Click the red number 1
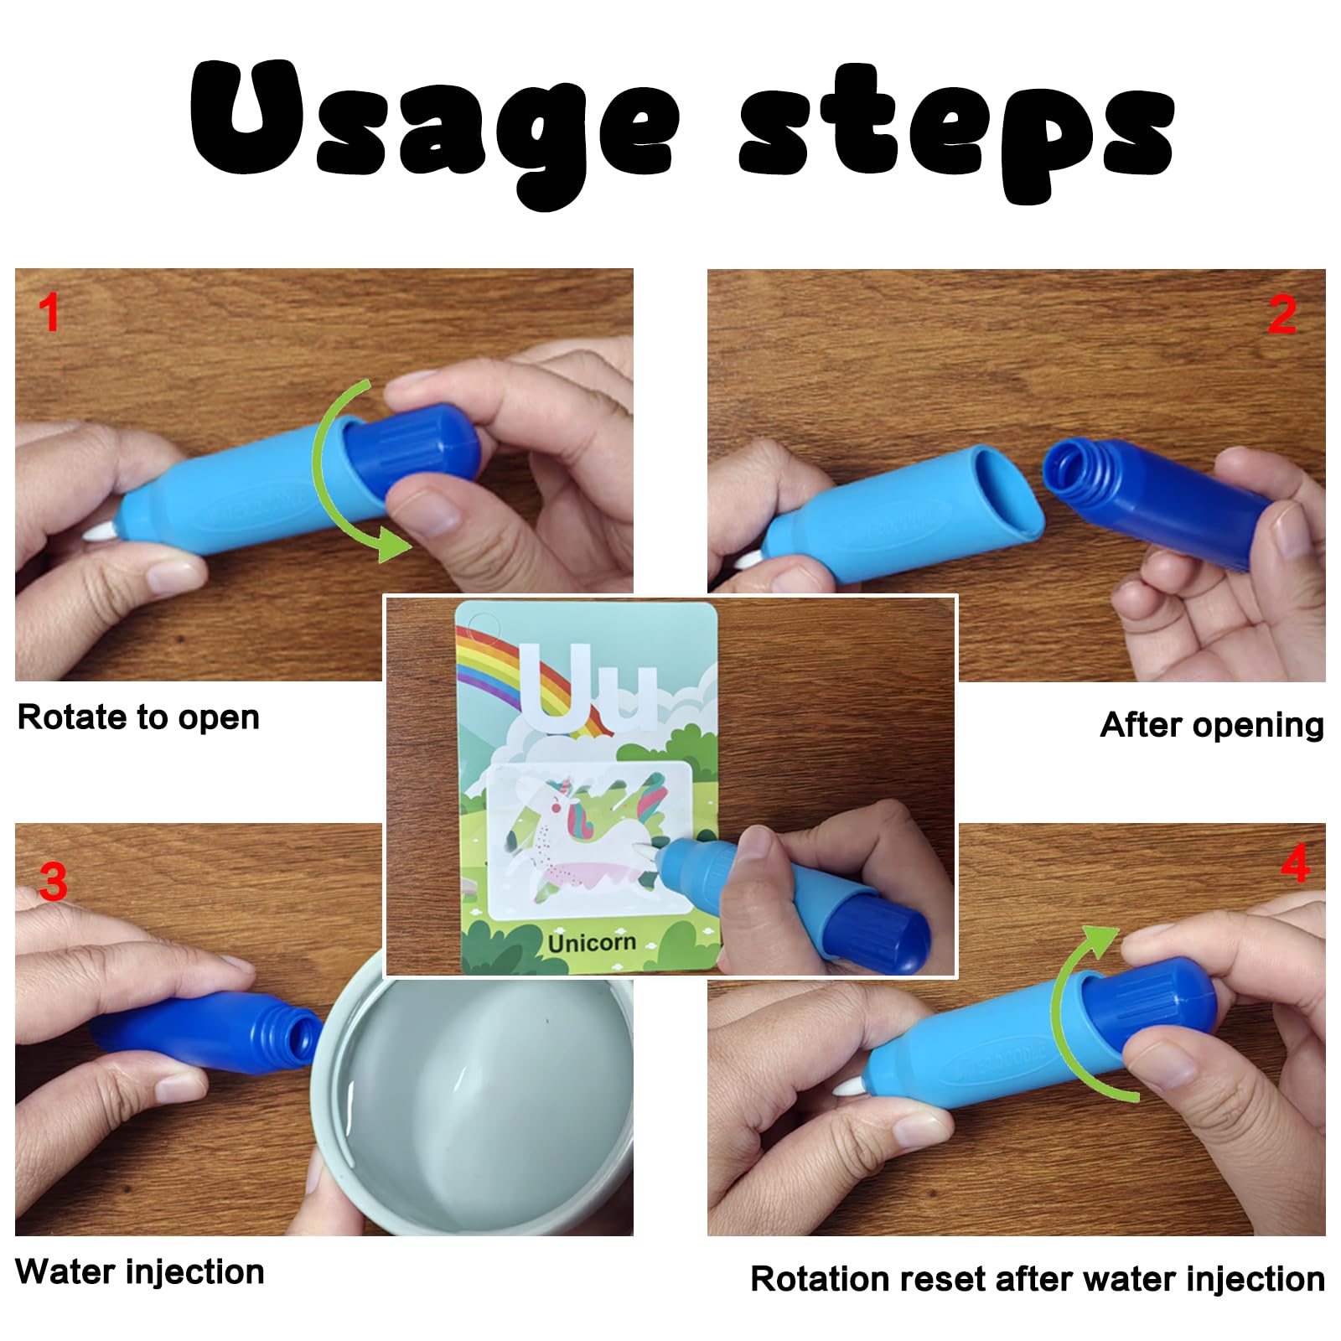click(49, 313)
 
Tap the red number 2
click(1282, 315)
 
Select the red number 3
click(53, 882)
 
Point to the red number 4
click(1295, 862)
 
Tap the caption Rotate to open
click(138, 717)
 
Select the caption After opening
click(1212, 724)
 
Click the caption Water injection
click(140, 1271)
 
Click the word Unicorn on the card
click(592, 943)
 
